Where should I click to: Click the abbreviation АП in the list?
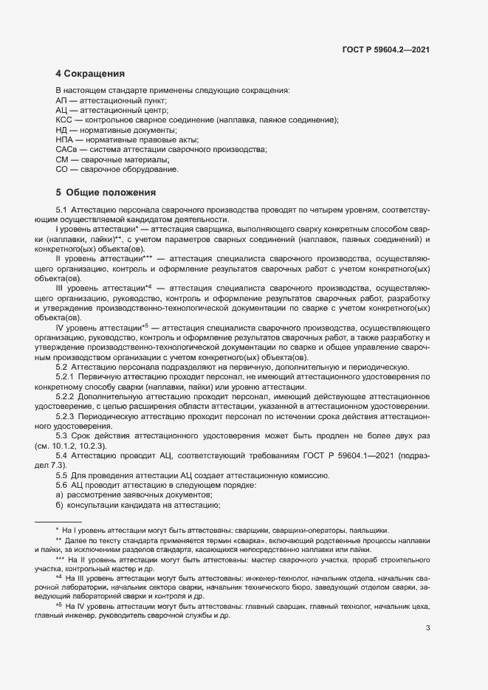coord(61,100)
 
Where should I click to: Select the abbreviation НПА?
coord(64,139)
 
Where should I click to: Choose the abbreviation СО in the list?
coord(62,170)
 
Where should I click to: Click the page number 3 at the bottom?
coord(428,628)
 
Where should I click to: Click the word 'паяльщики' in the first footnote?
coord(371,531)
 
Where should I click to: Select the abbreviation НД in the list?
coord(62,130)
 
